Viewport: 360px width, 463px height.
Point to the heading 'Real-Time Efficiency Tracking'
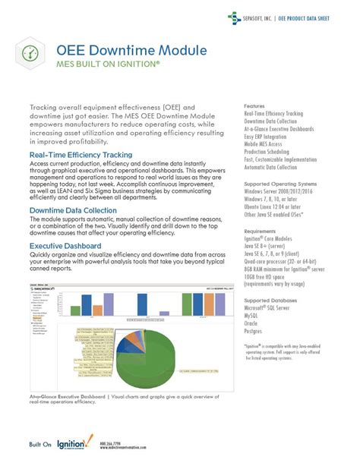tap(81, 155)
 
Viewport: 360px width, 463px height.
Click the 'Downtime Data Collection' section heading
tap(74, 209)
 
